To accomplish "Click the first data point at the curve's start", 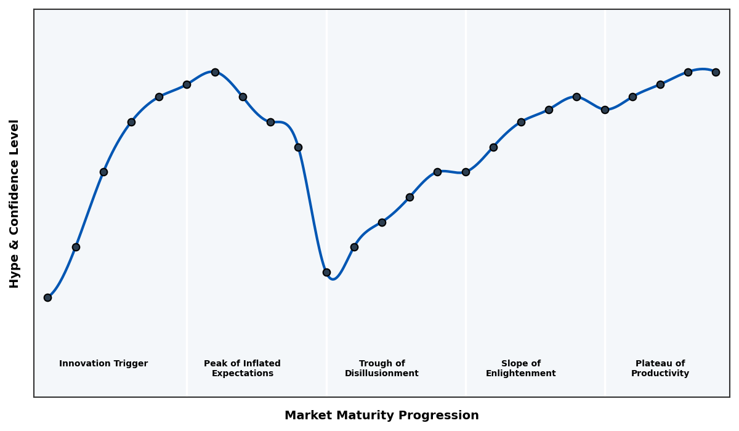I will click(47, 297).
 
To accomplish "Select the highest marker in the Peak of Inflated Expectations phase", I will click(215, 72).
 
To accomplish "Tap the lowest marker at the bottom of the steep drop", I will click(326, 272).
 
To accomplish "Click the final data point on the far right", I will click(716, 72).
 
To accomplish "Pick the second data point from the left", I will click(76, 247).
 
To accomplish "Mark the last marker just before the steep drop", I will click(298, 147).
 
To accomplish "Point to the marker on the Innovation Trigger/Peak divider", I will click(187, 84).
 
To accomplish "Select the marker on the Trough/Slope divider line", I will click(466, 172).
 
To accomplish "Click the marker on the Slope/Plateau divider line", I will click(605, 110).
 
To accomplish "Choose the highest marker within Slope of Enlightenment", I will click(576, 97).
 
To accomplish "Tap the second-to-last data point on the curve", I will click(688, 72).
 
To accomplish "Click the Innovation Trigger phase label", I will click(103, 364).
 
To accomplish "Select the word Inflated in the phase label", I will click(259, 364).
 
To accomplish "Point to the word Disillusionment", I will click(382, 374).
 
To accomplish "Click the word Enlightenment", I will click(521, 374).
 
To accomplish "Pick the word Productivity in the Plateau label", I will click(660, 374).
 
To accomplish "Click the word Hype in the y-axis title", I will click(15, 274).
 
